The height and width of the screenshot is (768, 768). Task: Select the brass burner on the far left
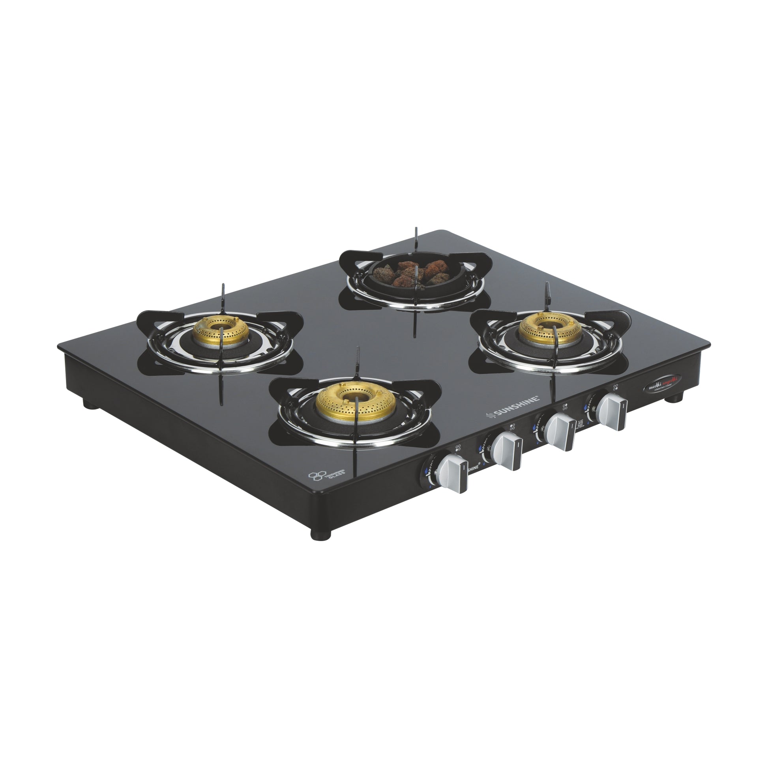pyautogui.click(x=221, y=330)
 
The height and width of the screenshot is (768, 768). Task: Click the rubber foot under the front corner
pyautogui.click(x=321, y=534)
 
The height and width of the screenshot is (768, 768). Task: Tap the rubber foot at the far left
pyautogui.click(x=86, y=404)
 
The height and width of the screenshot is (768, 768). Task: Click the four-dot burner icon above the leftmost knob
pyautogui.click(x=458, y=447)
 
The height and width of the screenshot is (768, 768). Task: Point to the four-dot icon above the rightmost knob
pyautogui.click(x=616, y=387)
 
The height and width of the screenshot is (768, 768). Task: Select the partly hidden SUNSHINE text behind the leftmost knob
pyautogui.click(x=473, y=468)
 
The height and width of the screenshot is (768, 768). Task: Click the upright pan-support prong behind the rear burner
pyautogui.click(x=416, y=238)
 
